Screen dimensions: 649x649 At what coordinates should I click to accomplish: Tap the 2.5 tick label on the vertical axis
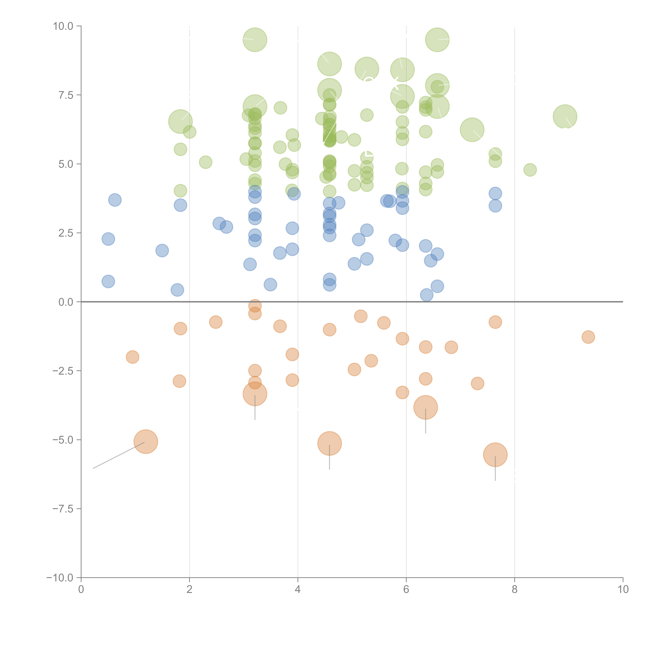(66, 233)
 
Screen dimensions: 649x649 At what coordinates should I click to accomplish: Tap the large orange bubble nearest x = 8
(495, 455)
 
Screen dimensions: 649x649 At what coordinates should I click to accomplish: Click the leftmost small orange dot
(133, 357)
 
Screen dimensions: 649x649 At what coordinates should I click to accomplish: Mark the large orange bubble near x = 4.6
(330, 443)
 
